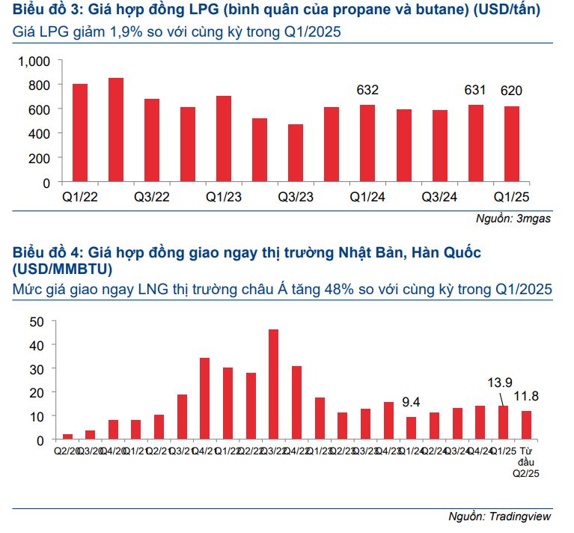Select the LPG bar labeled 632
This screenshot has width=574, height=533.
click(367, 143)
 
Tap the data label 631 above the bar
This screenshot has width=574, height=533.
click(475, 91)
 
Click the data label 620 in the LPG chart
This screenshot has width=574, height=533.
click(511, 91)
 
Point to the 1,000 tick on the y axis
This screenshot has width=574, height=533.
click(34, 61)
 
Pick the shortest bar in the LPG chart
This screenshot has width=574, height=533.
click(296, 153)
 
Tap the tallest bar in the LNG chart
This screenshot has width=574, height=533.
click(273, 384)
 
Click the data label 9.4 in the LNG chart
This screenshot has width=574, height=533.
click(412, 401)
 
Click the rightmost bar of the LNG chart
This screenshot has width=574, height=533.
click(526, 424)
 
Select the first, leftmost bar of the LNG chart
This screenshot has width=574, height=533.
click(67, 436)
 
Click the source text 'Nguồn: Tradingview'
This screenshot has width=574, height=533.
click(499, 516)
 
